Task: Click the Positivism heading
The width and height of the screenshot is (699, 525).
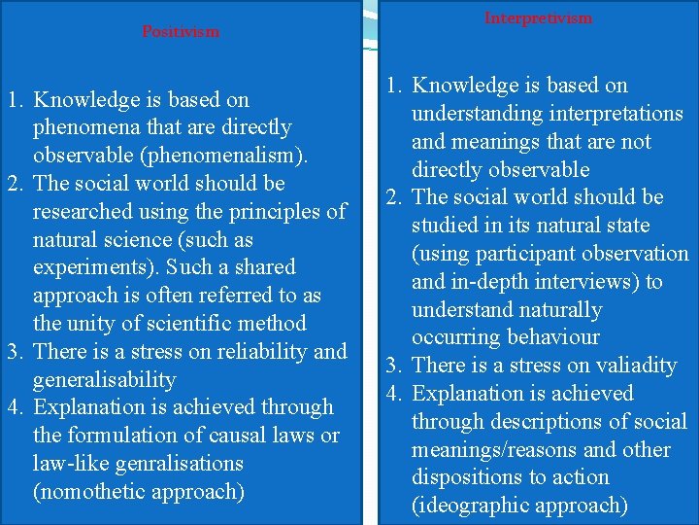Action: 181,31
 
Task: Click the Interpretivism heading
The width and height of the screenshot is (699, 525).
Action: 538,18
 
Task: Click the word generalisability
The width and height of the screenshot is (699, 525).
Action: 104,379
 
